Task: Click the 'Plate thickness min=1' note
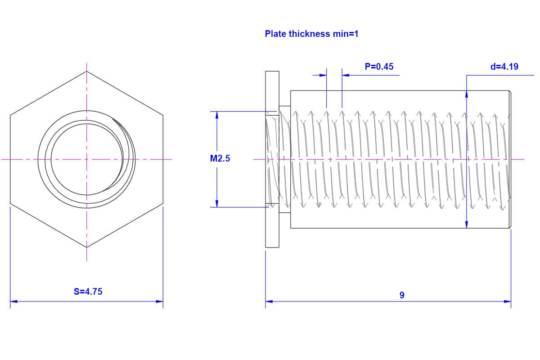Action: (311, 34)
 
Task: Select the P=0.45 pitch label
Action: (379, 67)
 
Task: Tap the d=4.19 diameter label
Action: (504, 67)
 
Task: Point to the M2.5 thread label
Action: (220, 158)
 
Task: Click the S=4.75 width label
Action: (88, 292)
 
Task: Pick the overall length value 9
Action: (402, 295)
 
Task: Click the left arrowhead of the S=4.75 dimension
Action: (13, 301)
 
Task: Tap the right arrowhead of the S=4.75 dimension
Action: (160, 301)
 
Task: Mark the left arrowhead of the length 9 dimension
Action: (269, 301)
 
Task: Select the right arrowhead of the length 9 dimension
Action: (508, 301)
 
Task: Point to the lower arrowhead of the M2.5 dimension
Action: (217, 204)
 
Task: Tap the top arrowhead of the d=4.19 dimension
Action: (467, 94)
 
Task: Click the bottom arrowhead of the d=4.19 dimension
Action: (467, 224)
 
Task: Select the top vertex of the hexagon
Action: (86, 71)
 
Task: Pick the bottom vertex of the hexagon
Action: (86, 247)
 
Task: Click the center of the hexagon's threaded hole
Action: (86, 159)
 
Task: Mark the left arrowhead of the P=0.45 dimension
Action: (323, 75)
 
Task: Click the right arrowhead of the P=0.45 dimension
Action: (345, 75)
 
